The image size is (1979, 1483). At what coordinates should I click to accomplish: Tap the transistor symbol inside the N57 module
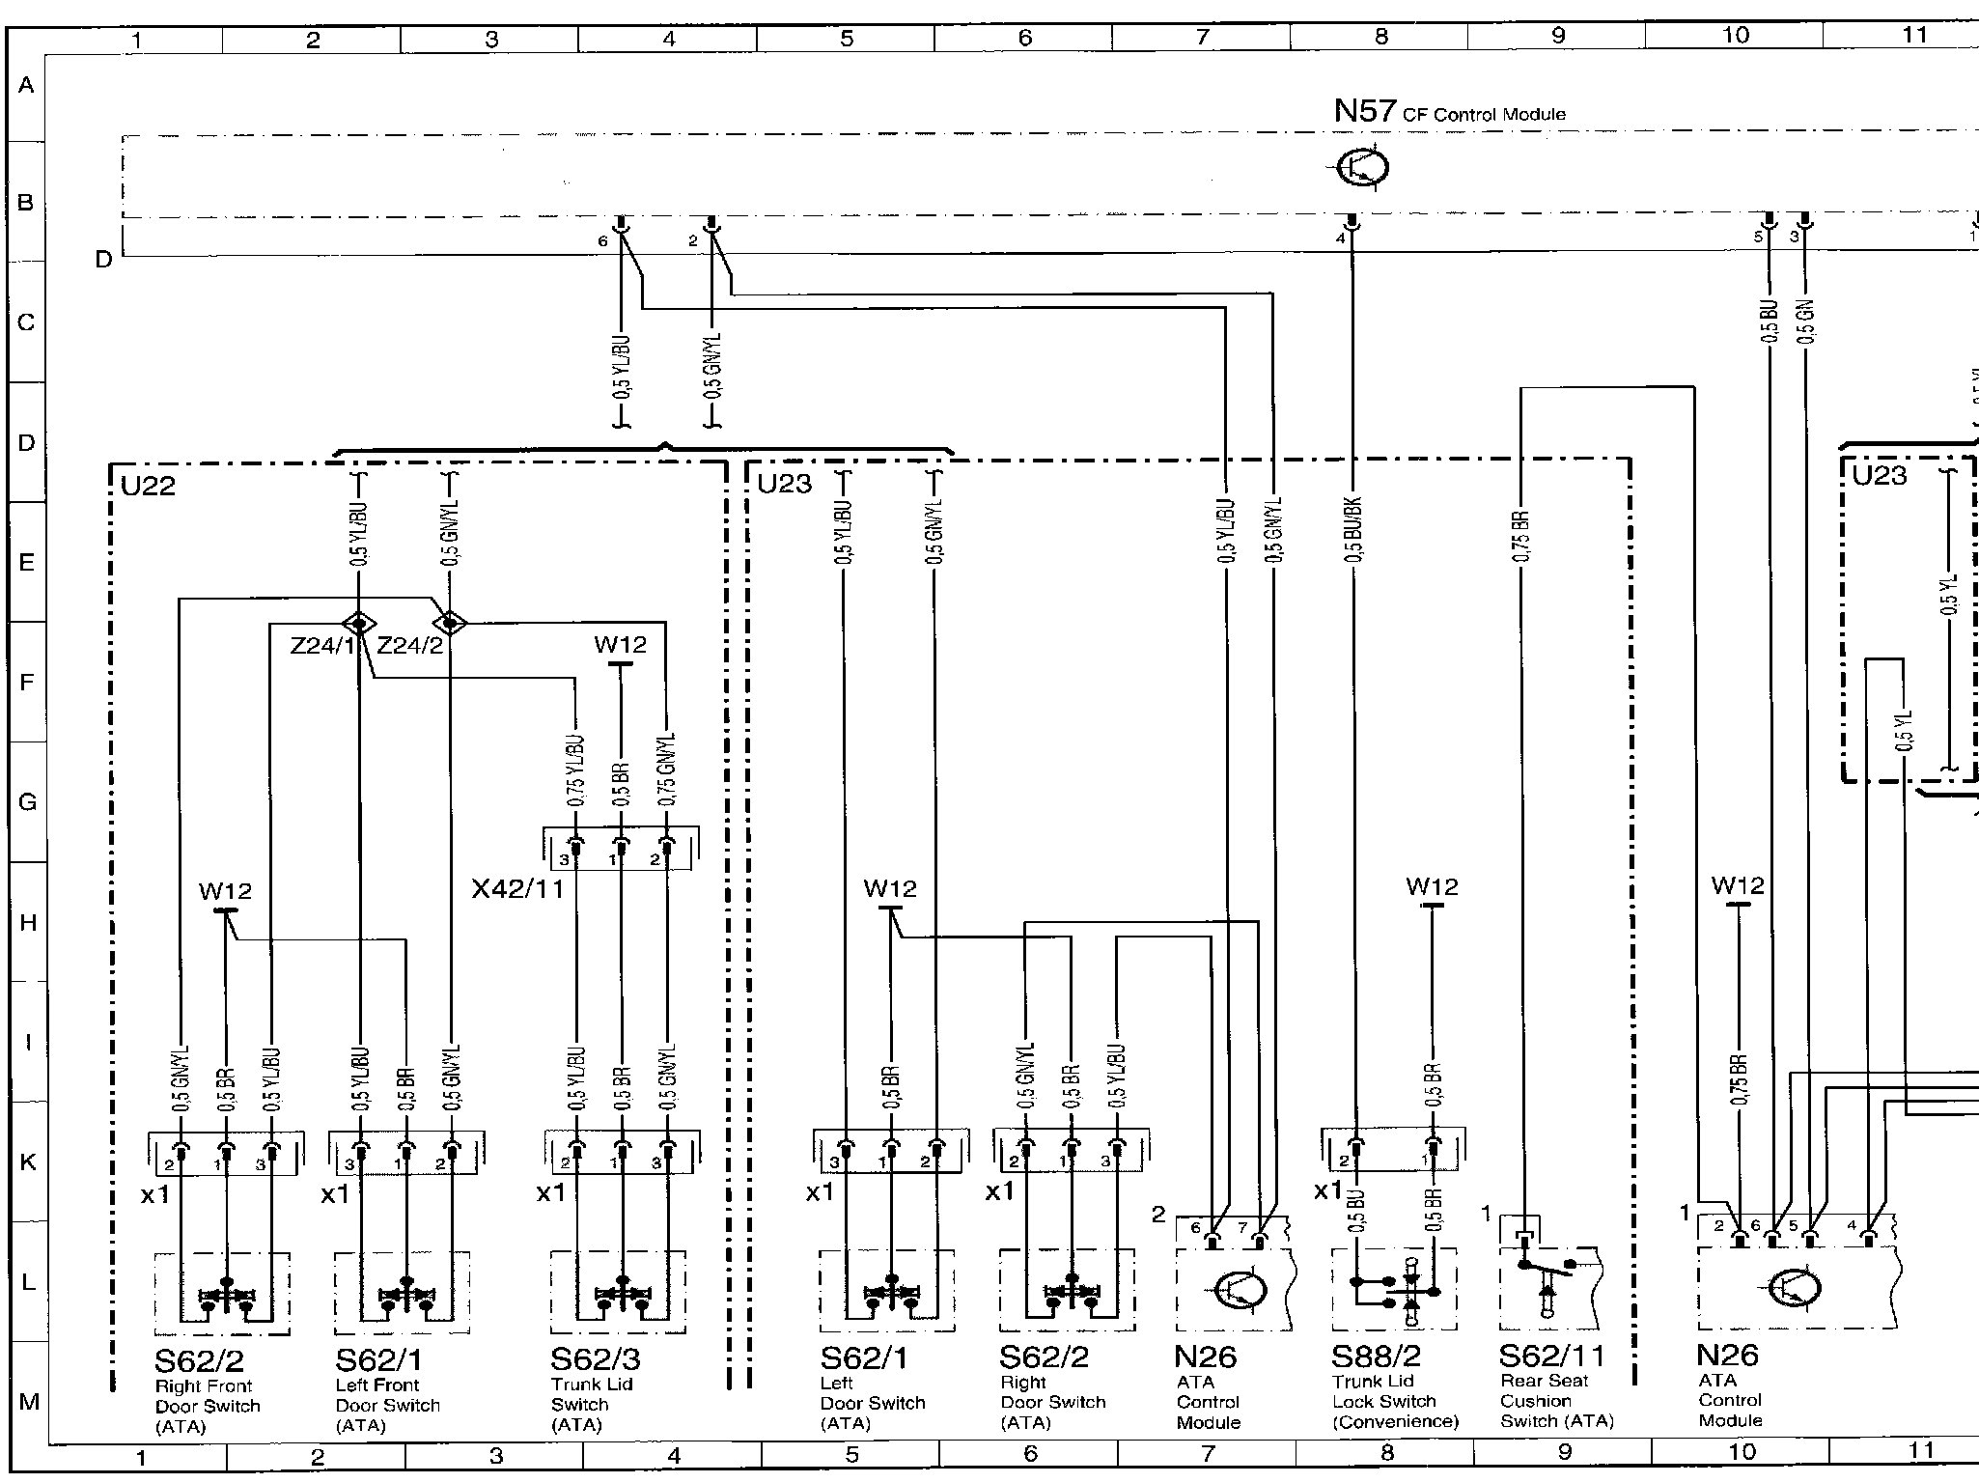click(x=1363, y=168)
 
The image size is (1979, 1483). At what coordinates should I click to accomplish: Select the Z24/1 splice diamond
click(x=358, y=622)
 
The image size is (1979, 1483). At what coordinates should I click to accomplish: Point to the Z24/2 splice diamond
click(x=450, y=622)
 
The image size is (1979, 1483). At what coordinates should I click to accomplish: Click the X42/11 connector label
click(x=516, y=888)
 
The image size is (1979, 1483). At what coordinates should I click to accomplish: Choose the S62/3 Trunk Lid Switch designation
click(x=595, y=1359)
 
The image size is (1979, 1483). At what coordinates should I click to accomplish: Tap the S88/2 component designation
click(x=1376, y=1357)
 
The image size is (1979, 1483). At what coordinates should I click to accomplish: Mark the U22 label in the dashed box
click(x=148, y=486)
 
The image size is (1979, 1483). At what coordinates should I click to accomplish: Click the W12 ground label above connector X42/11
click(x=620, y=644)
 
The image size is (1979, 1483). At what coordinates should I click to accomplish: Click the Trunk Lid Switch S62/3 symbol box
click(x=619, y=1293)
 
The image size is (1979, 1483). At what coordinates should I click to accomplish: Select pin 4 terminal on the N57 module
click(x=1352, y=224)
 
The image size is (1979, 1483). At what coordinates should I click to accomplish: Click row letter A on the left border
click(x=26, y=85)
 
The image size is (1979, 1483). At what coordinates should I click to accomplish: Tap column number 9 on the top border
click(x=1557, y=37)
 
